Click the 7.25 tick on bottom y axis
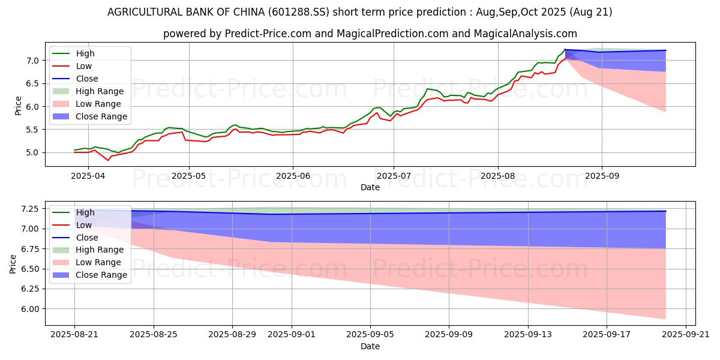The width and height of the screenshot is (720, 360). pyautogui.click(x=28, y=209)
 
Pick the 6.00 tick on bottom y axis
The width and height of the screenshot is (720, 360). pyautogui.click(x=28, y=309)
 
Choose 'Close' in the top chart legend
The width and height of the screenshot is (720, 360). pyautogui.click(x=87, y=79)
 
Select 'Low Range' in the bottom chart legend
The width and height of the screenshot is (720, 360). pyautogui.click(x=98, y=262)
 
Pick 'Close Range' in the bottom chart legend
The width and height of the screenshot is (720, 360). pyautogui.click(x=101, y=275)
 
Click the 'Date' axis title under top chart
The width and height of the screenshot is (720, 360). pyautogui.click(x=370, y=187)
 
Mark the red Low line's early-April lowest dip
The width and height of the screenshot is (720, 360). pyautogui.click(x=109, y=160)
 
